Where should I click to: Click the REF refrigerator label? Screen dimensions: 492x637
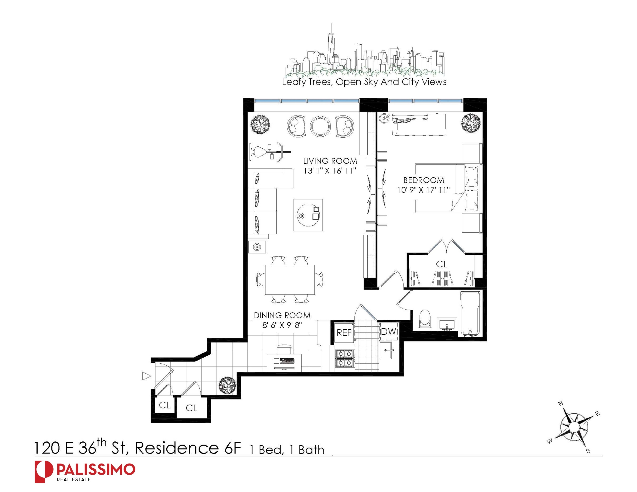[x=344, y=333]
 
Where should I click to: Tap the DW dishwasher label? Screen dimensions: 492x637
[x=389, y=331]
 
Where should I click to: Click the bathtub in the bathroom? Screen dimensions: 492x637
[x=470, y=314]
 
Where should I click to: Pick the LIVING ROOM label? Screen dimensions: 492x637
[x=330, y=161]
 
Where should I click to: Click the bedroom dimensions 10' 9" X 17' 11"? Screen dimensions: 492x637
[x=423, y=190]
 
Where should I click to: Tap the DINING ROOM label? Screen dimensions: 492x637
[x=282, y=315]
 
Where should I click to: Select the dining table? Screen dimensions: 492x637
[x=290, y=279]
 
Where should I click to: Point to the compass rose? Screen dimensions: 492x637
[x=573, y=427]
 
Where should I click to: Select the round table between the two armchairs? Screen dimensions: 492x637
[x=320, y=126]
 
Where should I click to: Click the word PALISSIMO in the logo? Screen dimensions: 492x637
[x=96, y=469]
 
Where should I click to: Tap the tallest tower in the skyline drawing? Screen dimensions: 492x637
[x=331, y=47]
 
